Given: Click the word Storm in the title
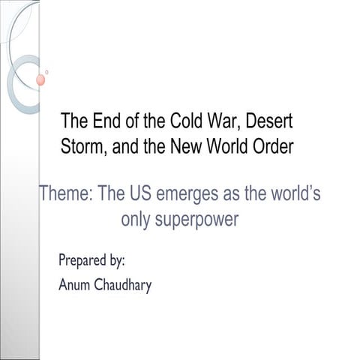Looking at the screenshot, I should coord(83,145).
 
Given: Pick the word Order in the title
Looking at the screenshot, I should coord(268,145).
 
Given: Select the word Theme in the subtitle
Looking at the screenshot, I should coord(65,194).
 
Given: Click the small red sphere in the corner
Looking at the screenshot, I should coord(40,79).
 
